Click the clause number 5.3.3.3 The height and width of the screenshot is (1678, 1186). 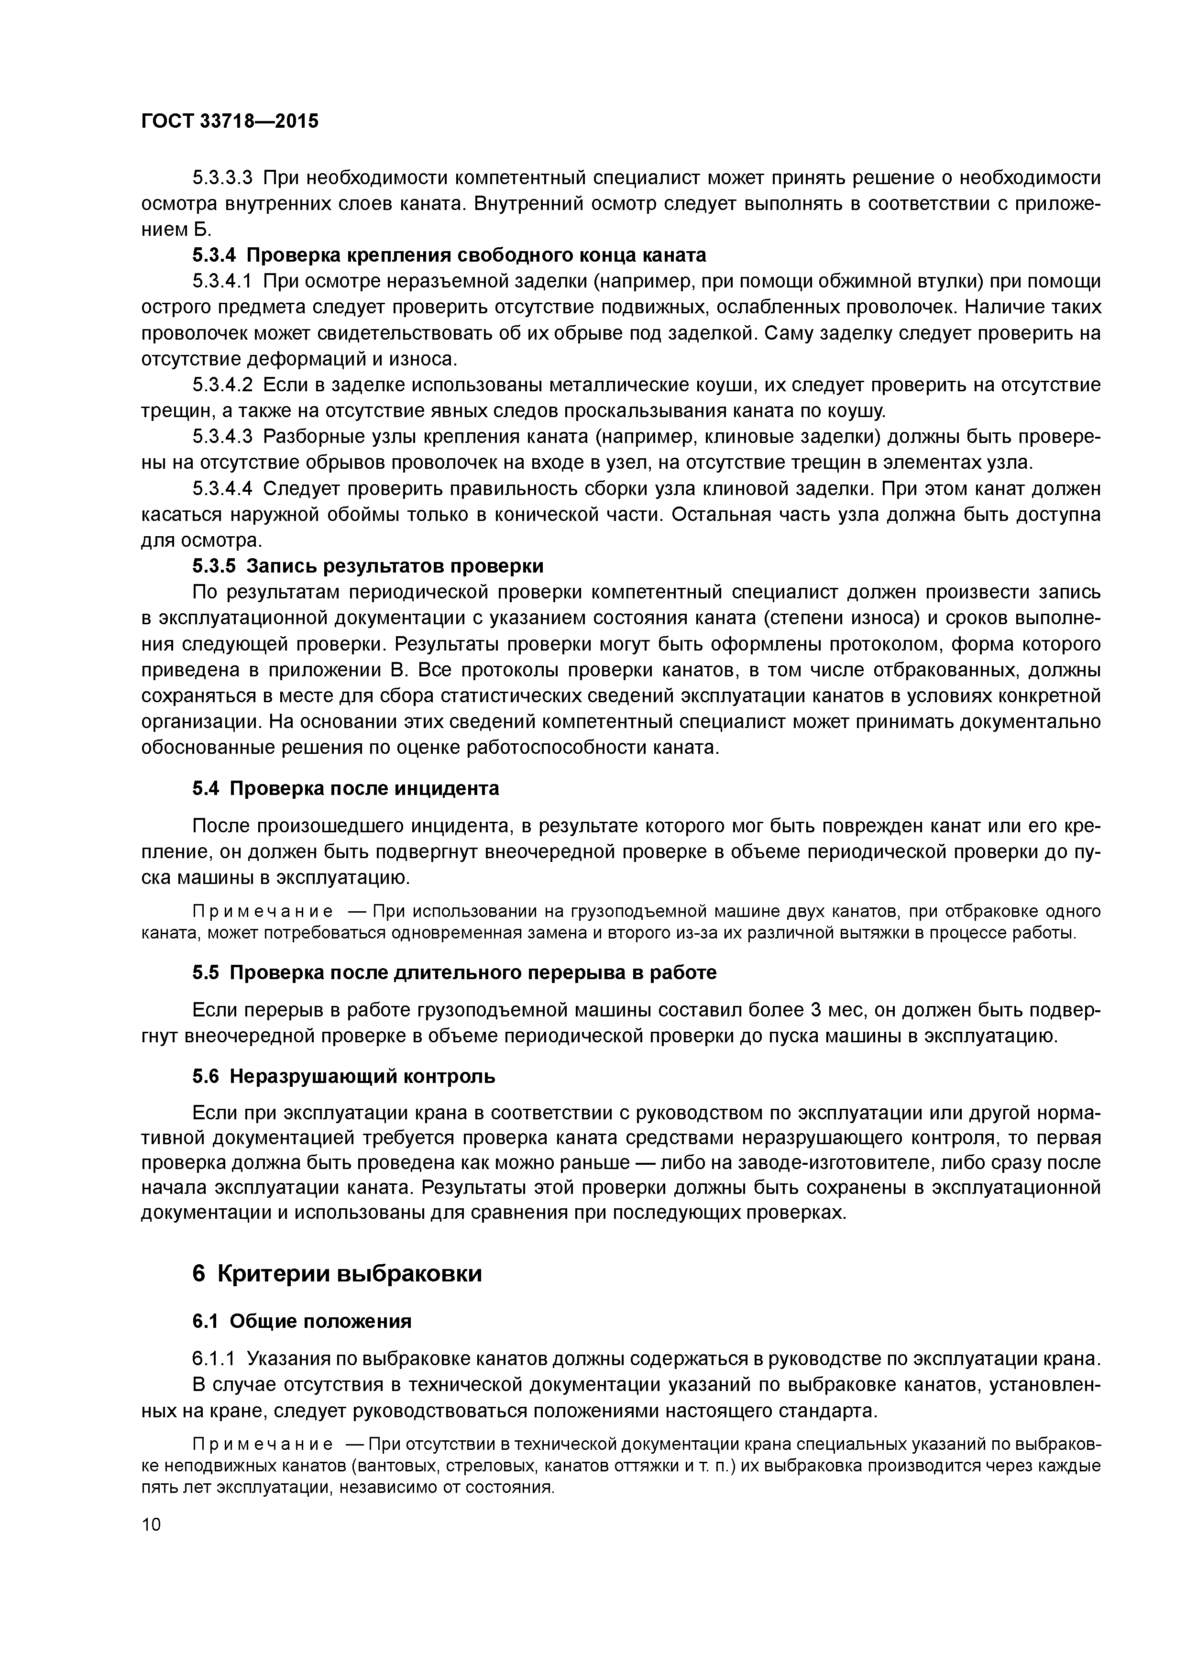coord(222,177)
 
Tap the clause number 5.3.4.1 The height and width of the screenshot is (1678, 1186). coord(222,281)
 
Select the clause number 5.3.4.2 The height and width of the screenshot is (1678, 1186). coord(222,385)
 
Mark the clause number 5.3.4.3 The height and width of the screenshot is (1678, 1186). coord(222,437)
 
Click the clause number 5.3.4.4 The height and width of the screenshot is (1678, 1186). coord(222,489)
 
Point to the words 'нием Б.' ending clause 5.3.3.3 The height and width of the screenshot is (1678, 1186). coord(176,230)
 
